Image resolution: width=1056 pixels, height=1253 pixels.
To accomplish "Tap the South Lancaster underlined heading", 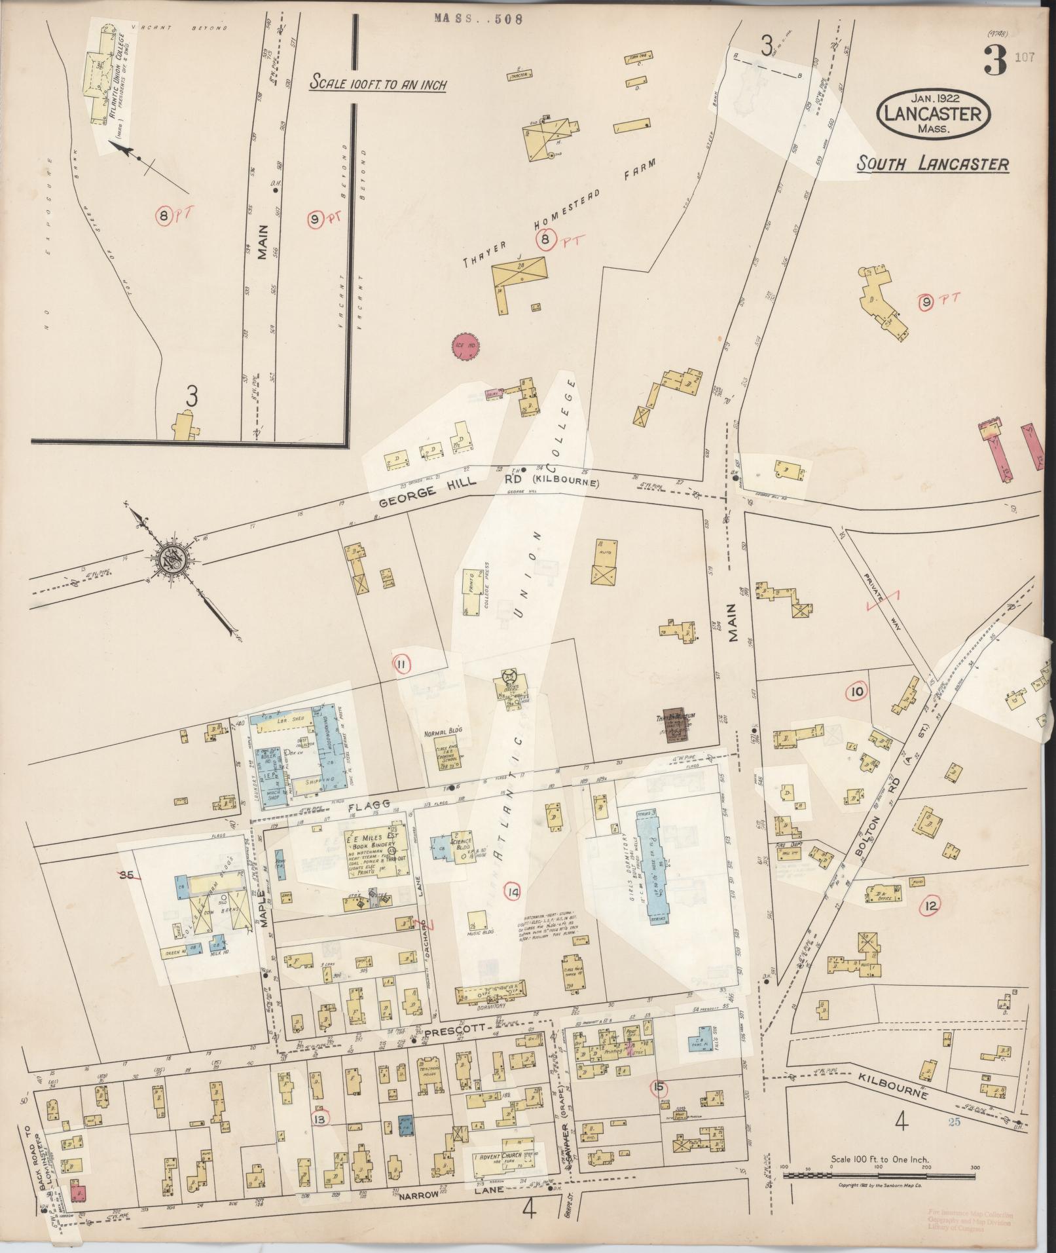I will (x=933, y=164).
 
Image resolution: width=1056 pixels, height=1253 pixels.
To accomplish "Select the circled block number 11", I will (x=401, y=665).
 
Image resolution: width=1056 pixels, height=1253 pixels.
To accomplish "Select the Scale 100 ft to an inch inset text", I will (x=378, y=84).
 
